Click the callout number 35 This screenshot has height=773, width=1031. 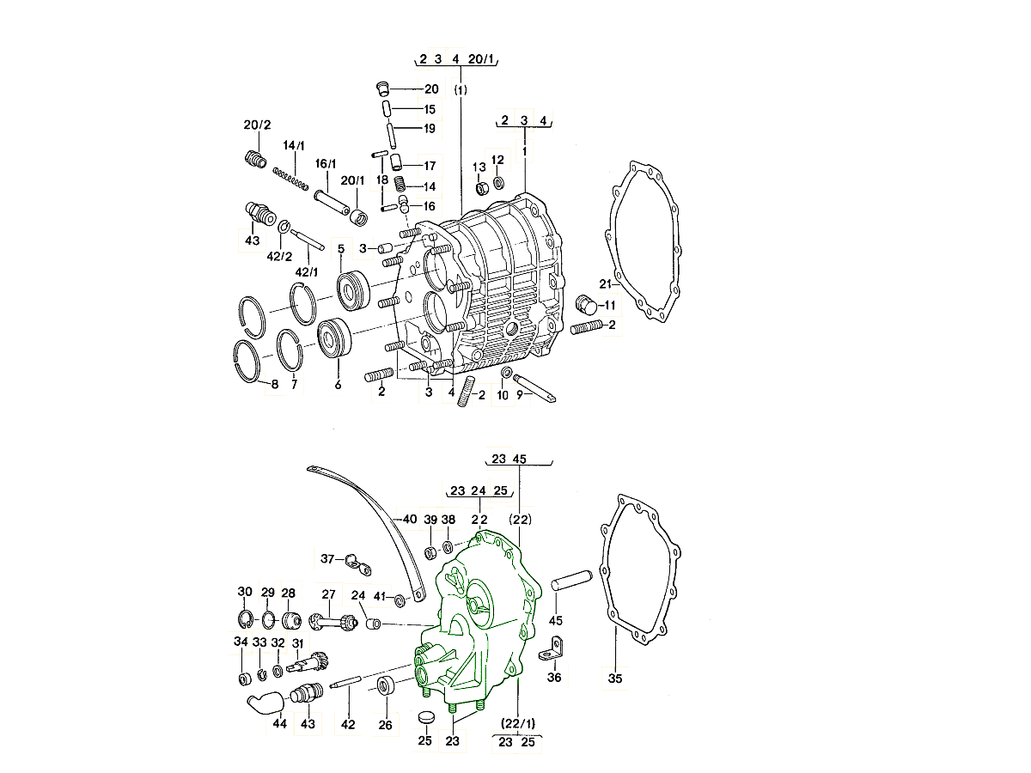(x=615, y=679)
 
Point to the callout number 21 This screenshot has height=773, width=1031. (x=606, y=283)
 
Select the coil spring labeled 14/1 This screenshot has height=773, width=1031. (x=290, y=179)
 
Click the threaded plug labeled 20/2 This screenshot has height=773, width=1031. (x=256, y=158)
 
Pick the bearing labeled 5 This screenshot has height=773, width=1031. (x=353, y=290)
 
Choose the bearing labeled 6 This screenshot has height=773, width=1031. (x=334, y=339)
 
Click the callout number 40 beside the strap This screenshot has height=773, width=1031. (x=410, y=519)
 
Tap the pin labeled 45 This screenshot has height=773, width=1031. (x=572, y=581)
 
